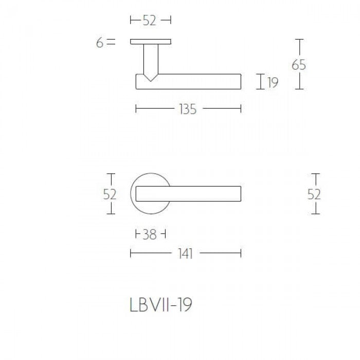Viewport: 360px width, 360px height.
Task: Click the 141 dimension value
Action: (x=186, y=254)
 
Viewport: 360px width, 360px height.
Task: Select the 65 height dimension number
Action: (x=299, y=65)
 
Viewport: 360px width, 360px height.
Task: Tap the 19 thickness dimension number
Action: (x=273, y=82)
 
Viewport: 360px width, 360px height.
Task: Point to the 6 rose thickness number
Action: (x=99, y=43)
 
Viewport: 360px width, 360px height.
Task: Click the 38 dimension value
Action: (x=149, y=235)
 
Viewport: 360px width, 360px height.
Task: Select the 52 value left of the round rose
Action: (x=110, y=194)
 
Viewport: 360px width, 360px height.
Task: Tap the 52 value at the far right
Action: (x=314, y=194)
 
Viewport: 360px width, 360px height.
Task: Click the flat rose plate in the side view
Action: (x=150, y=41)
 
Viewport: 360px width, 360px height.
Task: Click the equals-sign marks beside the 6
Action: (x=112, y=43)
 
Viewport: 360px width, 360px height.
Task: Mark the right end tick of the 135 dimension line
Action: (x=241, y=109)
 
